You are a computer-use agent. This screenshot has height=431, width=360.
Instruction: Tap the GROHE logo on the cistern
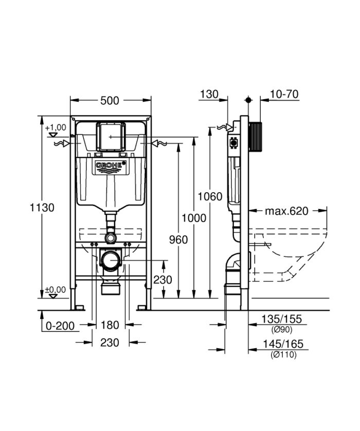click(x=110, y=166)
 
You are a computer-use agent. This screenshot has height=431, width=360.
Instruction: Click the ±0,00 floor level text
click(x=56, y=290)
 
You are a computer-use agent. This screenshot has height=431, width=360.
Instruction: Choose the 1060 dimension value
click(x=210, y=196)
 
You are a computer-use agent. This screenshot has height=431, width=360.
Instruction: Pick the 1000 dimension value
click(x=194, y=218)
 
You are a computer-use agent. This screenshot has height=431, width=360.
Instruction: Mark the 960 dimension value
click(x=178, y=239)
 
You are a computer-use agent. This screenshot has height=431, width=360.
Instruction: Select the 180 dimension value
click(x=110, y=325)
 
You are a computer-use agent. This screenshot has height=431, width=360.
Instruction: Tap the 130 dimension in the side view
click(x=209, y=94)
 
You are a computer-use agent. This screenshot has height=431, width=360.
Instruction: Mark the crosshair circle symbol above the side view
click(x=248, y=100)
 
